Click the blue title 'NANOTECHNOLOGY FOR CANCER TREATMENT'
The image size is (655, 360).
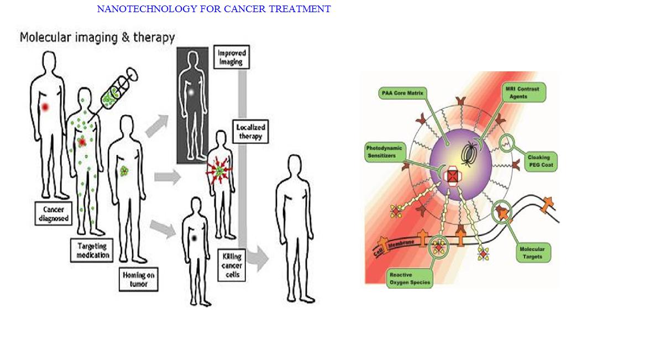click(x=213, y=9)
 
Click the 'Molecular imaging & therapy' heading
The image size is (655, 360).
click(x=97, y=38)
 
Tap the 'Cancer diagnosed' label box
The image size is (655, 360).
click(x=54, y=213)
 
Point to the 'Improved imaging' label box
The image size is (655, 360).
click(x=230, y=58)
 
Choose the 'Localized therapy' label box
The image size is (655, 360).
click(x=249, y=132)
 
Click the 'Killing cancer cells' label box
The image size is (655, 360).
click(x=232, y=264)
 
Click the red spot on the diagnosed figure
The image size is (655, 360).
click(x=45, y=106)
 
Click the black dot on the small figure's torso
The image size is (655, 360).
click(x=195, y=238)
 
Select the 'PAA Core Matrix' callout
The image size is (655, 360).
click(x=402, y=93)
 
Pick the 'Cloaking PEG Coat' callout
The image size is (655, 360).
click(x=542, y=161)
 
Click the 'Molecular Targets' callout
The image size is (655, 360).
click(x=532, y=253)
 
